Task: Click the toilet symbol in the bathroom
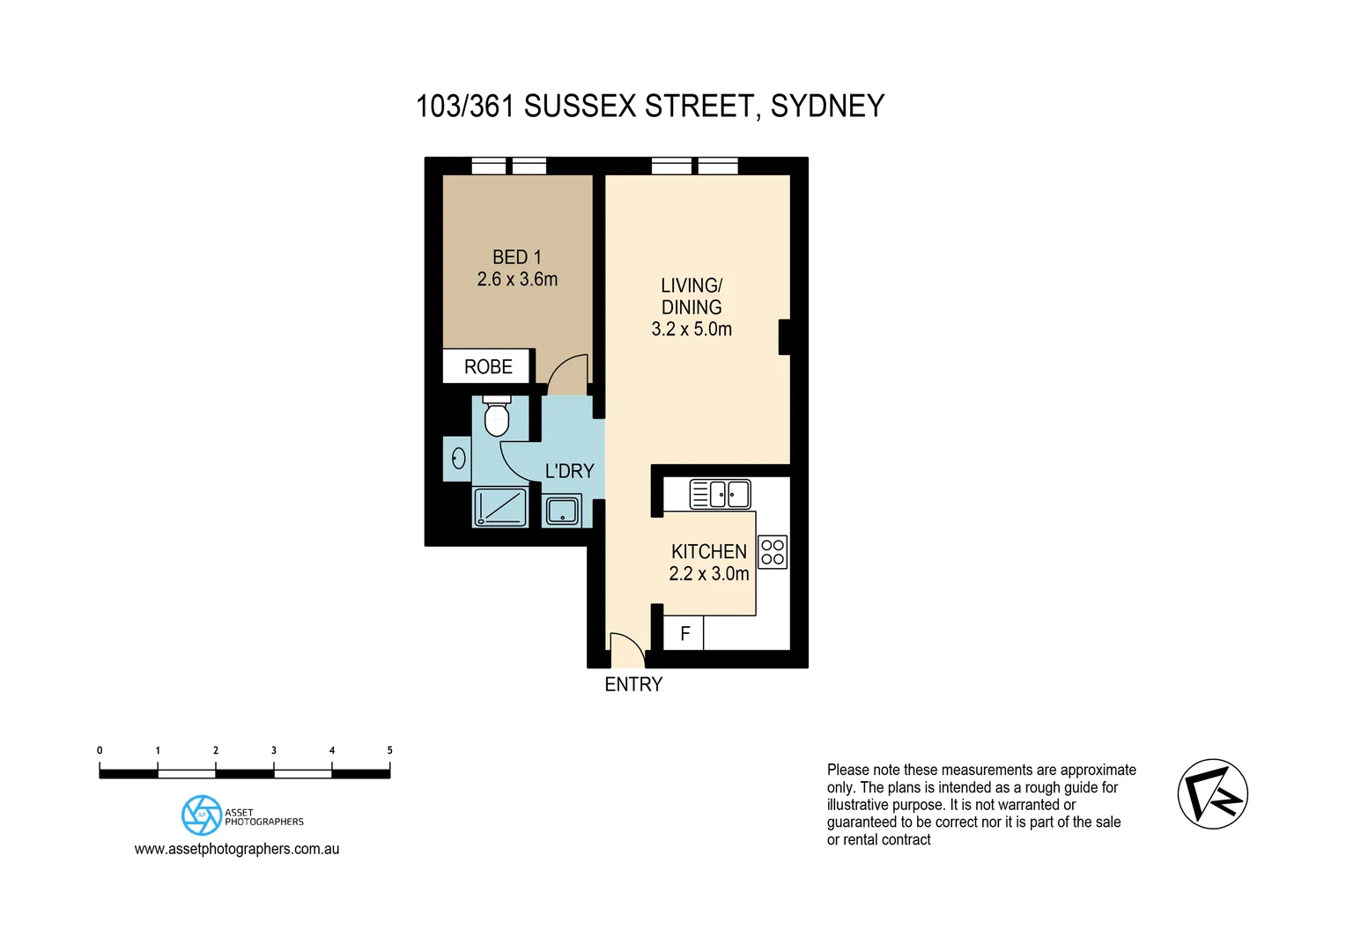(497, 417)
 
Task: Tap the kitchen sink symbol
(720, 494)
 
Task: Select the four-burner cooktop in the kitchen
(773, 552)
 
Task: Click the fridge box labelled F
(684, 634)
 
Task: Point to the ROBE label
(488, 367)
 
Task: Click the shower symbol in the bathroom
(500, 508)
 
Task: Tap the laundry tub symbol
(562, 511)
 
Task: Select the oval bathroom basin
(458, 458)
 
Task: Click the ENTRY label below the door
(633, 684)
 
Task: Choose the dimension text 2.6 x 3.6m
(517, 279)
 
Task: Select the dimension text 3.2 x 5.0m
(691, 329)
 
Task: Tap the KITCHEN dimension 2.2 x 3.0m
(709, 574)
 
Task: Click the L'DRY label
(569, 471)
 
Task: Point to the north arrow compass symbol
(1213, 793)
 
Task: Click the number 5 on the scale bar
(389, 750)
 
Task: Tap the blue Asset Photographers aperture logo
(202, 815)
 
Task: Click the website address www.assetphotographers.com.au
(237, 849)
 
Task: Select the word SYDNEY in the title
(827, 107)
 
